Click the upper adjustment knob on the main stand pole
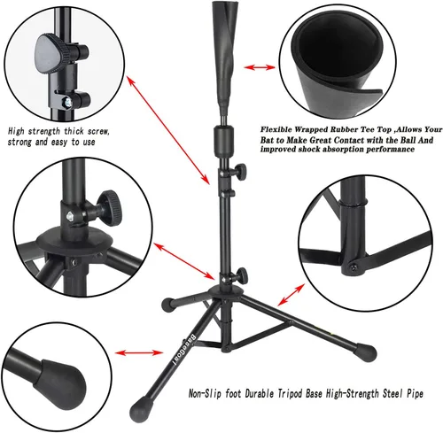coord(240,171)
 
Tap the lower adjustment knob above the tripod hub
coord(242,274)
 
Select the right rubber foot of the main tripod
coord(367,352)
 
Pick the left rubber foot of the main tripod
coord(169,305)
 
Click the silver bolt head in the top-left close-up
coord(67,102)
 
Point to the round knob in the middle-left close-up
coord(110,208)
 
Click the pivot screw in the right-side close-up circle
coord(354,267)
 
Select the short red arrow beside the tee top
coord(260,67)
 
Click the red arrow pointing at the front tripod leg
coord(139,352)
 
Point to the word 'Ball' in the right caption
coord(408,140)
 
